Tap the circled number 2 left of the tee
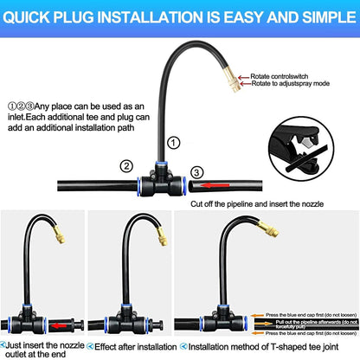tap(126, 166)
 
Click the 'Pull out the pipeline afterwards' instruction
tap(307, 321)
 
